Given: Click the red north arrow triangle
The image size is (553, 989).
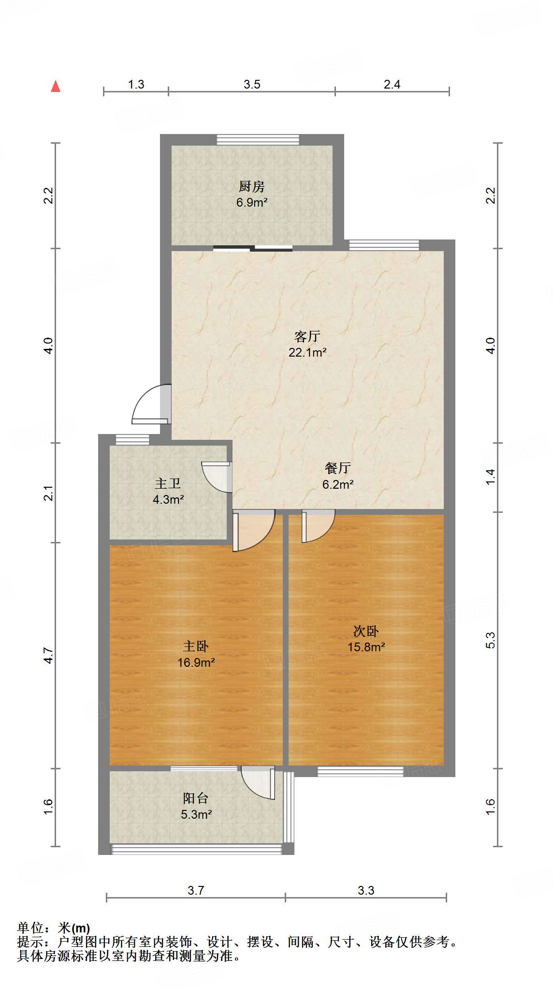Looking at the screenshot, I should pyautogui.click(x=56, y=87).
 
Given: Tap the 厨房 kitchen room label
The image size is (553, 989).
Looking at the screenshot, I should pyautogui.click(x=252, y=186).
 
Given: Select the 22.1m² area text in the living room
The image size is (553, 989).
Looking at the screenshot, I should pyautogui.click(x=307, y=352).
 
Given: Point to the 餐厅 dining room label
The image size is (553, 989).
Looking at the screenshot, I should pyautogui.click(x=338, y=468).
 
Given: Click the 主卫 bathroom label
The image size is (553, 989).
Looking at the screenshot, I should pyautogui.click(x=168, y=483).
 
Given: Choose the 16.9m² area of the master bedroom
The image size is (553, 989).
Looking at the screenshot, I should pyautogui.click(x=196, y=662).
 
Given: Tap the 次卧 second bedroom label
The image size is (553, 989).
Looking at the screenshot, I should pyautogui.click(x=366, y=631).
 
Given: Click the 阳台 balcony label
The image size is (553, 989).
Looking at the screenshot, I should pyautogui.click(x=196, y=798).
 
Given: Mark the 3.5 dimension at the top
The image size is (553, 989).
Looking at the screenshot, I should pyautogui.click(x=252, y=85).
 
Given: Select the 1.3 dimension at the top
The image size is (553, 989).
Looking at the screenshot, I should pyautogui.click(x=136, y=85).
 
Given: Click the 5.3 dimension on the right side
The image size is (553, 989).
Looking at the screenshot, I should pyautogui.click(x=491, y=640).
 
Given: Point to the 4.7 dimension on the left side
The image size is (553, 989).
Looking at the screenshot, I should pyautogui.click(x=48, y=655).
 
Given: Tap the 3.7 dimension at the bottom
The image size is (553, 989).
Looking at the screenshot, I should pyautogui.click(x=196, y=890).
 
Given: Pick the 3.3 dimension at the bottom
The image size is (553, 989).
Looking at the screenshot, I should pyautogui.click(x=366, y=890).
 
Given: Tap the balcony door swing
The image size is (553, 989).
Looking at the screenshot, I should pyautogui.click(x=258, y=781).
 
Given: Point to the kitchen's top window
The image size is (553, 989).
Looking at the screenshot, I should pyautogui.click(x=258, y=140).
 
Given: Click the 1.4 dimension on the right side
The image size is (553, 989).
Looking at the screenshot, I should pyautogui.click(x=491, y=477).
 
